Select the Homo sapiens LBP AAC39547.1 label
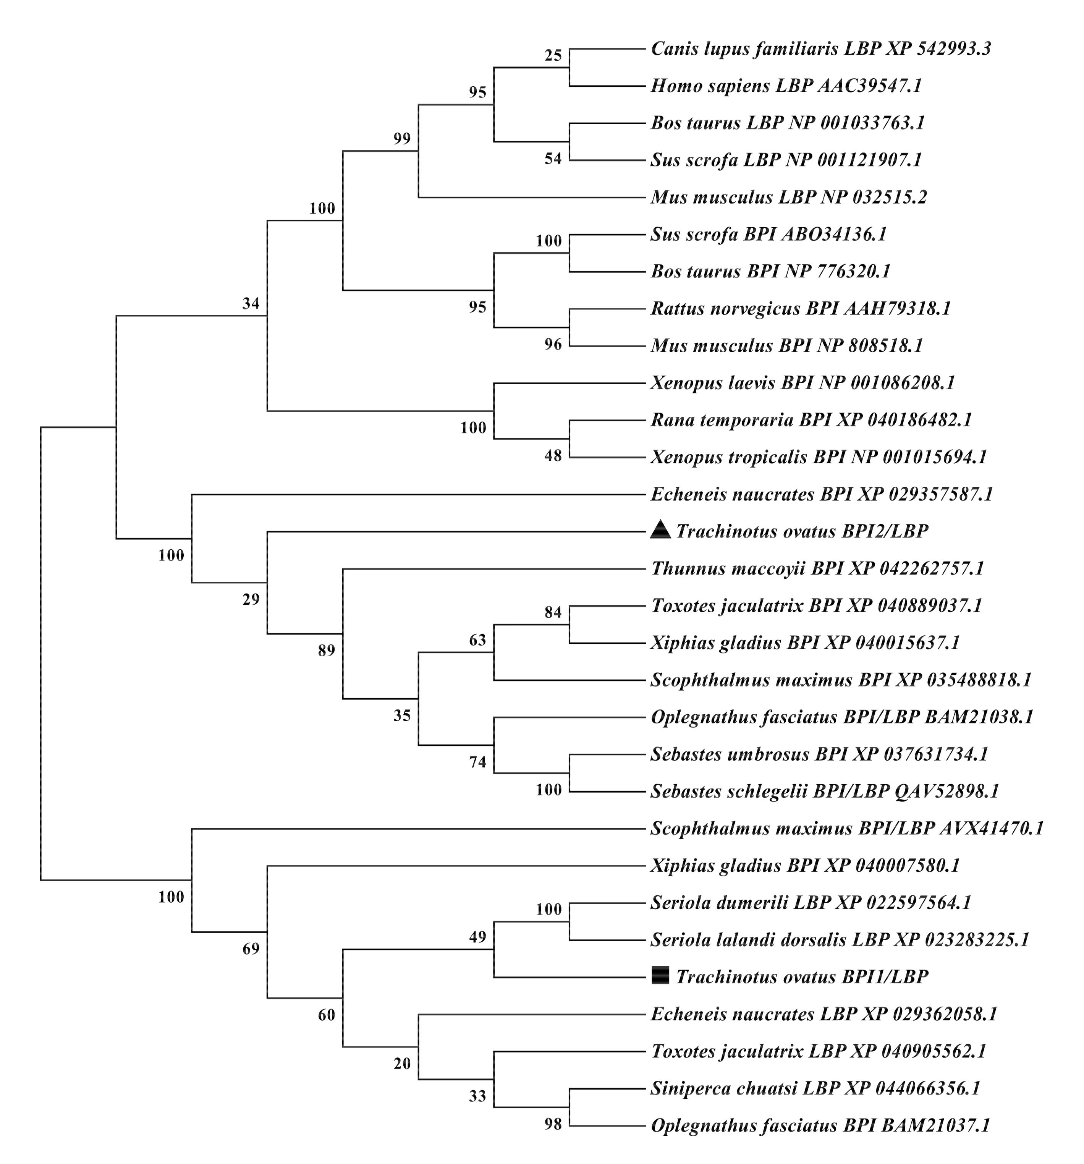[x=786, y=86]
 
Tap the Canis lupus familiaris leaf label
[x=820, y=49]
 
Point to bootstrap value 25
[x=553, y=56]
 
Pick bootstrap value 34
[x=251, y=303]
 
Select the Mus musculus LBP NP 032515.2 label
[x=788, y=198]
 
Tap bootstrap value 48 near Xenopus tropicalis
[x=553, y=455]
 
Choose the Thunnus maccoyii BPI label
[x=817, y=568]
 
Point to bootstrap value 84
[x=553, y=612]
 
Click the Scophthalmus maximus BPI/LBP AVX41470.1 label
[x=846, y=829]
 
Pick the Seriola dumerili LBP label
[x=811, y=903]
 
